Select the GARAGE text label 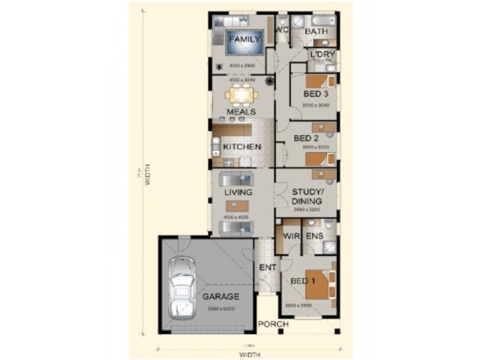click(x=220, y=296)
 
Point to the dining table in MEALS click(x=241, y=95)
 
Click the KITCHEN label click(x=242, y=147)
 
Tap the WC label click(x=282, y=30)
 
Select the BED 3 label click(x=316, y=94)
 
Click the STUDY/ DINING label click(x=307, y=197)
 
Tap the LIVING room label click(x=238, y=193)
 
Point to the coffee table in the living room click(x=238, y=205)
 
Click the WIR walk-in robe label click(x=291, y=237)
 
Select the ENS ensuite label click(x=315, y=237)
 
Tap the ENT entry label click(x=267, y=267)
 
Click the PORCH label click(x=273, y=325)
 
